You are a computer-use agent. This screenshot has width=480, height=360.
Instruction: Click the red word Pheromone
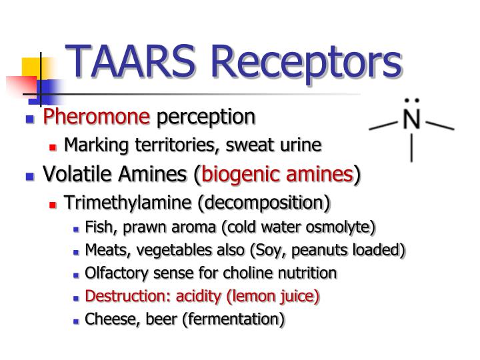pyautogui.click(x=97, y=117)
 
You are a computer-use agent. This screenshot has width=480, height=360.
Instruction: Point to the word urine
pyautogui.click(x=303, y=145)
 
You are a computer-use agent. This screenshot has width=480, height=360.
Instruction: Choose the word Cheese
pyautogui.click(x=107, y=319)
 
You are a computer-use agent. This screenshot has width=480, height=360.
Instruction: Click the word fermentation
pyautogui.click(x=235, y=319)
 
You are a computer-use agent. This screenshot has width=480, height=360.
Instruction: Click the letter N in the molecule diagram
pyautogui.click(x=412, y=123)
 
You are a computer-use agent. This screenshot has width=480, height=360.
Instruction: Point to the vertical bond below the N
pyautogui.click(x=412, y=149)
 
